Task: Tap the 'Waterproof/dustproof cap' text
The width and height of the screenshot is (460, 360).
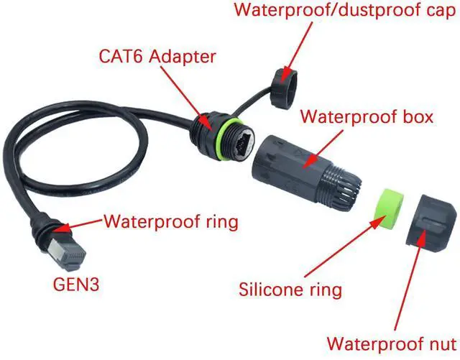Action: pos(344,11)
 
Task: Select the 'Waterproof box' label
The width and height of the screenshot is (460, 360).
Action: pos(367,116)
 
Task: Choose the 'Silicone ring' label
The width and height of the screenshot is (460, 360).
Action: pos(290,290)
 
